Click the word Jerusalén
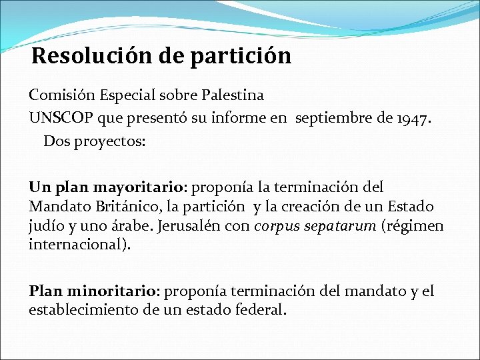(x=189, y=225)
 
